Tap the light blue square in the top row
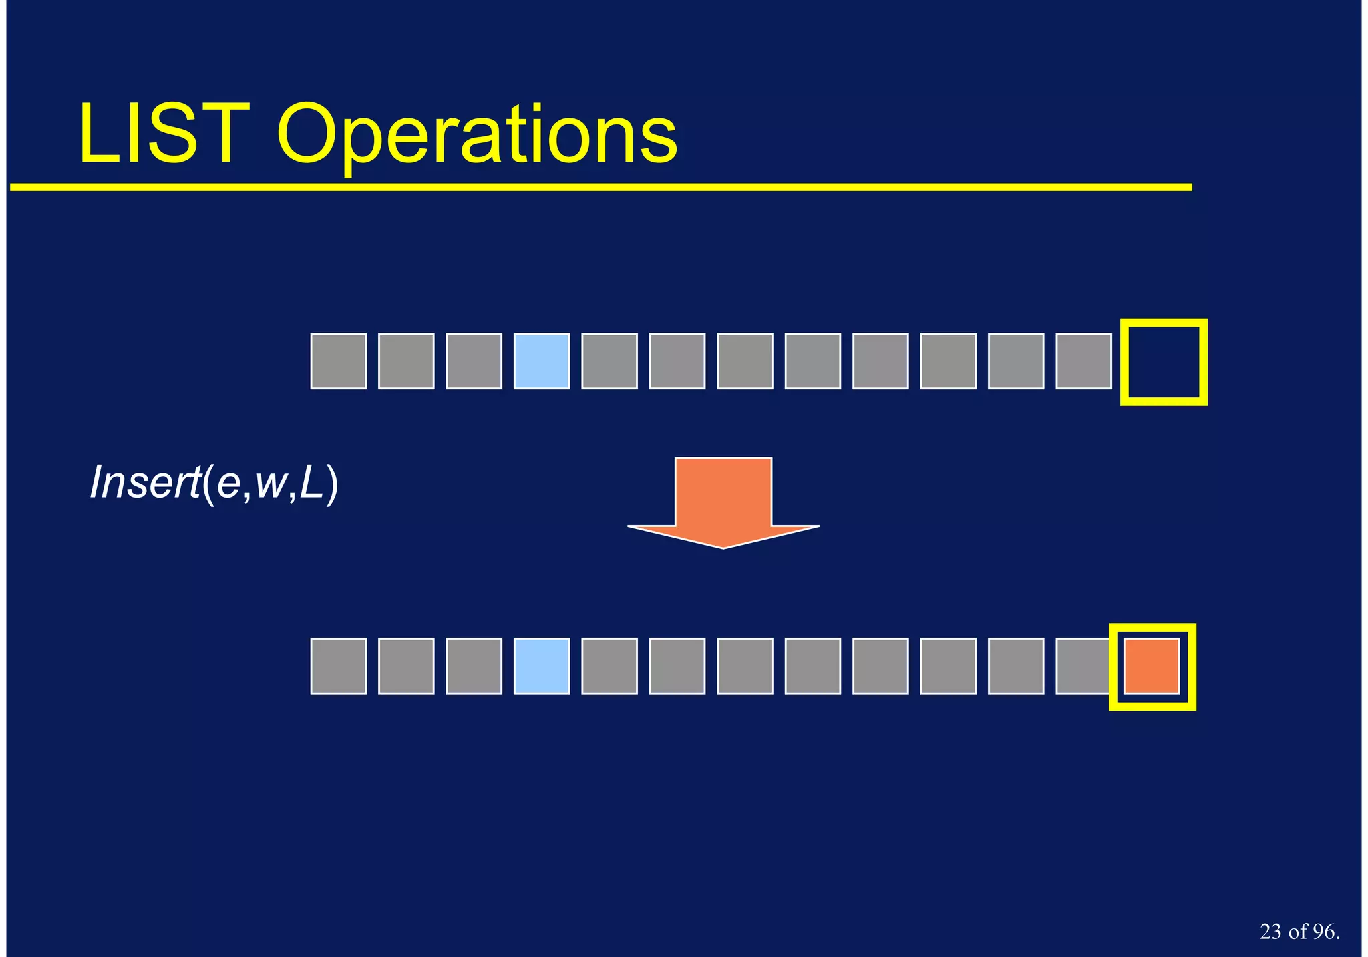click(x=541, y=361)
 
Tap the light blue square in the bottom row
click(x=541, y=666)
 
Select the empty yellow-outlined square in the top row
click(x=1163, y=362)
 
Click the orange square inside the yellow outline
click(x=1152, y=666)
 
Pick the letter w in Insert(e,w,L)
click(x=270, y=486)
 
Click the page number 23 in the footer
click(x=1270, y=932)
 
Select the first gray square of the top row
click(x=338, y=361)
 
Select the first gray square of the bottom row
click(x=338, y=666)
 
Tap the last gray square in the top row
click(x=1083, y=361)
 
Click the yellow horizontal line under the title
click(x=601, y=188)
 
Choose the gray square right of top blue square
click(x=609, y=361)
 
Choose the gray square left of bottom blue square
click(x=474, y=666)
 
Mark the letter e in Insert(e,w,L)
click(x=228, y=486)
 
